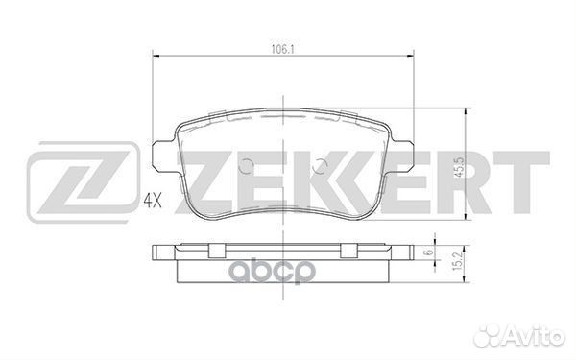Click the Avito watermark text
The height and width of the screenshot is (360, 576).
point(532,336)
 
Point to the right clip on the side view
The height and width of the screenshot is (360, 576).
point(345,252)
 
